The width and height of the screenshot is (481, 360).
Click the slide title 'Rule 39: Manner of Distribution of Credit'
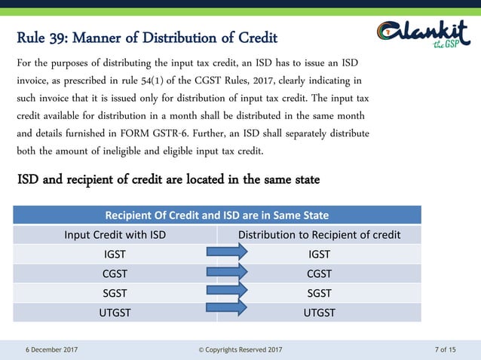tap(147, 38)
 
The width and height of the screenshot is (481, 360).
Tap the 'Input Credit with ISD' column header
tap(115, 234)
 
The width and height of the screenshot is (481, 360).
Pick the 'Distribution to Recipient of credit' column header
tap(319, 234)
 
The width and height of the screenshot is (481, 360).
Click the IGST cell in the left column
tap(115, 254)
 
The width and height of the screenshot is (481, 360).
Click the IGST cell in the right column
tap(319, 254)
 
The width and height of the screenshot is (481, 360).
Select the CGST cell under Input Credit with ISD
tap(115, 273)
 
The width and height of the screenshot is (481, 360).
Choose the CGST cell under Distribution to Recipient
tap(319, 273)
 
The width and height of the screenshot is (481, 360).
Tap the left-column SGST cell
tap(115, 292)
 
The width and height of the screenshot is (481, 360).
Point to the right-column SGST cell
tap(319, 292)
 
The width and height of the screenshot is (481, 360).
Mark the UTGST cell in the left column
tap(115, 312)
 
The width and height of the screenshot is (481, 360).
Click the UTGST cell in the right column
tap(319, 312)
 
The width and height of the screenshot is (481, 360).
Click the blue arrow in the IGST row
tap(226, 252)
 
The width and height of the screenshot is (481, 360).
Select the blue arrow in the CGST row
tap(226, 270)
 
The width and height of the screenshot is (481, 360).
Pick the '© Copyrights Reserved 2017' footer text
tap(240, 349)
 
